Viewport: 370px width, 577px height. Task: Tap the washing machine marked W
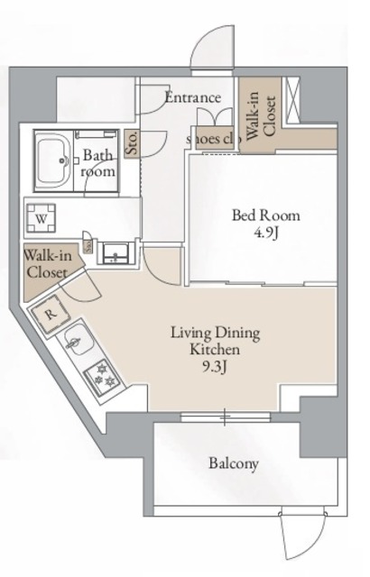point(42,217)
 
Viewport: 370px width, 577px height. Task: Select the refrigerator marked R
point(51,313)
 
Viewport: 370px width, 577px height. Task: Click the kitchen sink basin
point(75,343)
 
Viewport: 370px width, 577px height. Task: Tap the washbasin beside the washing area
point(115,252)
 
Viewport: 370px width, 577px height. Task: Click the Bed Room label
point(265,215)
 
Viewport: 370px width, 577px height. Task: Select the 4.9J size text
point(265,233)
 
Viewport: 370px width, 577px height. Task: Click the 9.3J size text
point(215,365)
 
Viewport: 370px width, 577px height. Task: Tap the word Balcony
point(234,464)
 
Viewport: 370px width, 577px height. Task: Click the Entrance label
point(192,97)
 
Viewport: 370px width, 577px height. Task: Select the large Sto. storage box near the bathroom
point(132,142)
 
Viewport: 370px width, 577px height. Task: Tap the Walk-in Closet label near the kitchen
point(45,263)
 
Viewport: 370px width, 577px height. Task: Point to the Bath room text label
point(97,162)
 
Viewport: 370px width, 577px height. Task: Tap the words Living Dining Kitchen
point(215,340)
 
